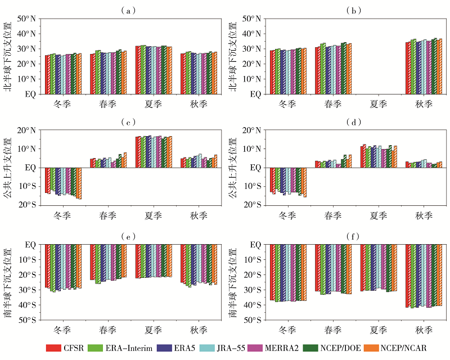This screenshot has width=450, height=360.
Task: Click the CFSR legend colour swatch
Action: (53, 348)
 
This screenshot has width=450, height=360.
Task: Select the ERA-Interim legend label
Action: (128, 348)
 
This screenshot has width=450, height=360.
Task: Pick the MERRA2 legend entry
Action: (301, 348)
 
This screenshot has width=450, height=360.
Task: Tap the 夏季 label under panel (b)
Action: (378, 103)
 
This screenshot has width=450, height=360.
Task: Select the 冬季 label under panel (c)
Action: (62, 215)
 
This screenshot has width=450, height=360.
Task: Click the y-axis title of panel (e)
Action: (8, 282)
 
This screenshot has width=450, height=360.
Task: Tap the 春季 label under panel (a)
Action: (108, 103)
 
